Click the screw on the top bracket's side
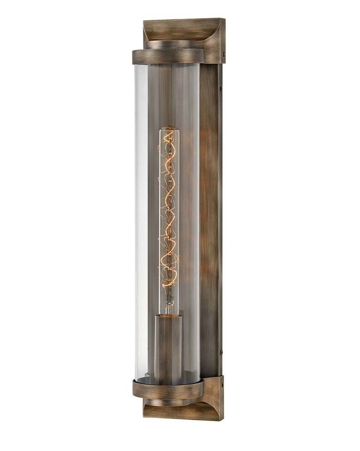pyautogui.click(x=223, y=54)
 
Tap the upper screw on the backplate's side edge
pyautogui.click(x=221, y=89)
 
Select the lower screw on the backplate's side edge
pyautogui.click(x=221, y=352)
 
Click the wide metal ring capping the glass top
pyautogui.click(x=168, y=56)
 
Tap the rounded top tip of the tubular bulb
pyautogui.click(x=169, y=129)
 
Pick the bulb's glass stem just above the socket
pyautogui.click(x=169, y=304)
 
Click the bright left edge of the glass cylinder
pyautogui.click(x=138, y=220)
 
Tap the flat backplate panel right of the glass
pyautogui.click(x=210, y=220)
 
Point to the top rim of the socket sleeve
pyautogui.click(x=168, y=316)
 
